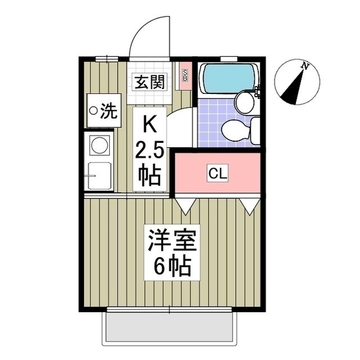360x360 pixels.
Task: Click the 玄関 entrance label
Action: pyautogui.click(x=149, y=83)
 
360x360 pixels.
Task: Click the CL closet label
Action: pyautogui.click(x=218, y=174)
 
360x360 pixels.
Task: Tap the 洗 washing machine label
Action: pyautogui.click(x=103, y=111)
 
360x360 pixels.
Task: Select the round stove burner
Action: pyautogui.click(x=99, y=145)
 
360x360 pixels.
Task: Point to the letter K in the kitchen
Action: pyautogui.click(x=150, y=122)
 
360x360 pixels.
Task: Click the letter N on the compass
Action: pyautogui.click(x=305, y=66)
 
